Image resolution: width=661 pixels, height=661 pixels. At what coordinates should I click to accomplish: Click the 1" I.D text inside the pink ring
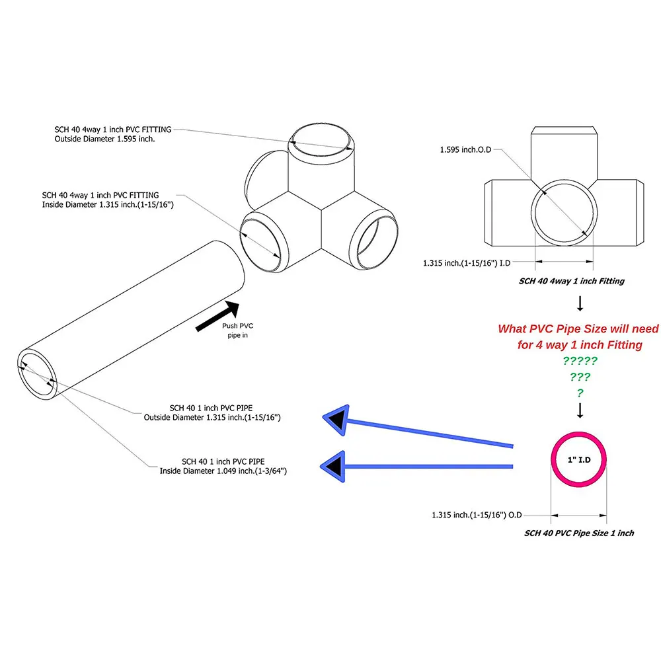579,459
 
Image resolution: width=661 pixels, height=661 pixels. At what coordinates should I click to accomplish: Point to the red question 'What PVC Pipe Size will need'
578,329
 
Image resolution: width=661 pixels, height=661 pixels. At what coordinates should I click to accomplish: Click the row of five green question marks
580,361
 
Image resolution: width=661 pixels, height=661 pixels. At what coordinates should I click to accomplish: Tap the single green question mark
580,393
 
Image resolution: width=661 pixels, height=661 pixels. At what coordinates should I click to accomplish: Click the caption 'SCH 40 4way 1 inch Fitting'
571,281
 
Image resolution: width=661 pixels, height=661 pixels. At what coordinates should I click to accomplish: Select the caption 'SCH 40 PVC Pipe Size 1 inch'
579,533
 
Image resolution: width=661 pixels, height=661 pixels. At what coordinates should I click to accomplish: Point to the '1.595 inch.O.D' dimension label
467,150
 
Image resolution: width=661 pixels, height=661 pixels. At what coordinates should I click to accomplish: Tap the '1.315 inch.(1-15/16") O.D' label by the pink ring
478,514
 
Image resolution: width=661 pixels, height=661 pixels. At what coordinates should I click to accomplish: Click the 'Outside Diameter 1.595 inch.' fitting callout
112,134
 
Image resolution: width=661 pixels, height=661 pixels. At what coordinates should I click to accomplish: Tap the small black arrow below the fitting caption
580,303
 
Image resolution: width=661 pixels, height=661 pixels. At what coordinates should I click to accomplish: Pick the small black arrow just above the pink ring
580,411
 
